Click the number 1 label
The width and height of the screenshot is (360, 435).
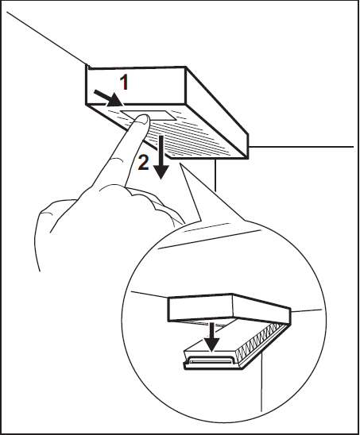tap(124, 83)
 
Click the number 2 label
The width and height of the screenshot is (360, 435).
tap(143, 163)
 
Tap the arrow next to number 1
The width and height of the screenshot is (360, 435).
tap(108, 98)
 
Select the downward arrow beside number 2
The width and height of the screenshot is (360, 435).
tap(161, 157)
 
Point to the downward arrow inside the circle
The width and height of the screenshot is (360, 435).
tap(211, 337)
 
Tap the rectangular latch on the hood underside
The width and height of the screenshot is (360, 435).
tap(148, 115)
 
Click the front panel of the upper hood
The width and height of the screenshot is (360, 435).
tap(136, 86)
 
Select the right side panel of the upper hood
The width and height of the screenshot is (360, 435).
tap(217, 113)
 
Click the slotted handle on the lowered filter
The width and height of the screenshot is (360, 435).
tap(209, 361)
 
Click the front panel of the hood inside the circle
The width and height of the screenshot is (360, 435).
tap(200, 307)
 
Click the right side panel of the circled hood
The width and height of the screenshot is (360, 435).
tap(261, 309)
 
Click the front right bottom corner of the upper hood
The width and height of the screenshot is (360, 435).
tap(247, 158)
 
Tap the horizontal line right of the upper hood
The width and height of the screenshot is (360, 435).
tap(301, 146)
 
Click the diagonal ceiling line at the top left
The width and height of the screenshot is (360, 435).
tap(46, 38)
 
